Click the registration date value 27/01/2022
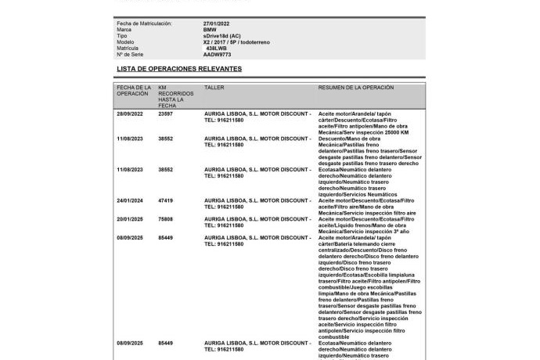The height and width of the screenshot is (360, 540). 217,23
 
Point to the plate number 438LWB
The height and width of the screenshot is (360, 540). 217,49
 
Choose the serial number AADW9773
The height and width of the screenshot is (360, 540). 217,55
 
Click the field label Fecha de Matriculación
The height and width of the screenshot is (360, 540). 144,23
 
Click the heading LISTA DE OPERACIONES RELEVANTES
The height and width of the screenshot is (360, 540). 179,69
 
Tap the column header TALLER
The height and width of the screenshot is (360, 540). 214,88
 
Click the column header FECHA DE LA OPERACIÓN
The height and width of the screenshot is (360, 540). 134,91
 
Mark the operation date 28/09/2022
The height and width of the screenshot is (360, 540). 131,113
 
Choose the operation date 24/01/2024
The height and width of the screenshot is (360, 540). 131,200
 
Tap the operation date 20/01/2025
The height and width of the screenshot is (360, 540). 131,219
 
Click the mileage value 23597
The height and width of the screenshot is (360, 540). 165,113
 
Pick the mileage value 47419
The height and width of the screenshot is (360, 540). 165,200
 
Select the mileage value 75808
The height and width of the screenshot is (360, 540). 165,219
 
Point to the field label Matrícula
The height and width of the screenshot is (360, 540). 128,49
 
